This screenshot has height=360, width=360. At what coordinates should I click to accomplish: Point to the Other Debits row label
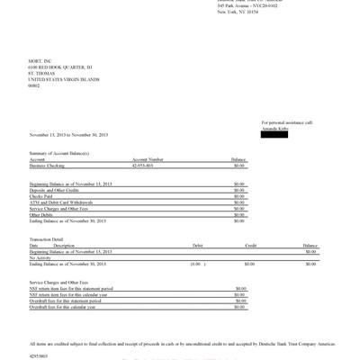(41, 215)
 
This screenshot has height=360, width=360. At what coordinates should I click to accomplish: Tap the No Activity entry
(40, 257)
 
